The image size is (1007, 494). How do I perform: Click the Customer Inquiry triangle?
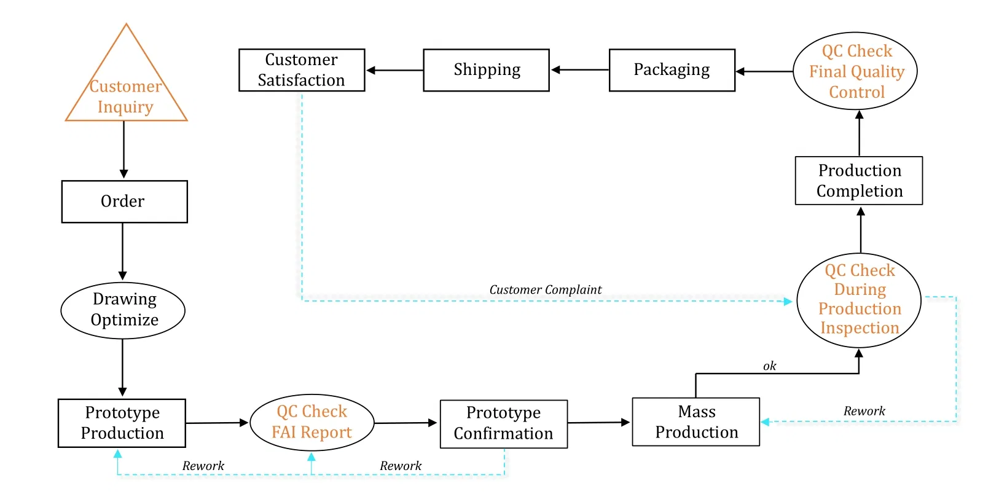point(126,92)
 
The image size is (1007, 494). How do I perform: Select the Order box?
point(124,202)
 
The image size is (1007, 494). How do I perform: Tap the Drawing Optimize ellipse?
point(123,310)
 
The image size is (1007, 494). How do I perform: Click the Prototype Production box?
point(122,423)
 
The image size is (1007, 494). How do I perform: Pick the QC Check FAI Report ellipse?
point(312,422)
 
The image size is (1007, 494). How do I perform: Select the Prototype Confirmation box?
point(503,423)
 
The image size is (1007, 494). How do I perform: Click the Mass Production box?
point(695,421)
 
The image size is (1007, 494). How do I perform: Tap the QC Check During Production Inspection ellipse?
point(858,300)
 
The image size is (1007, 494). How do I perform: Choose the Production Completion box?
point(858,181)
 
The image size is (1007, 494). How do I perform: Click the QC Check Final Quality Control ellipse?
point(855,71)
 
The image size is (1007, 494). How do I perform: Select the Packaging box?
point(672,70)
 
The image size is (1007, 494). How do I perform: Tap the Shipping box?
point(486,70)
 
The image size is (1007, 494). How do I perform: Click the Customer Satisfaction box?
point(301,70)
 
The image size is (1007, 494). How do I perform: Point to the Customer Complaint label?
point(545,289)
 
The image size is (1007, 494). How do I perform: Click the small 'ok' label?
point(769,366)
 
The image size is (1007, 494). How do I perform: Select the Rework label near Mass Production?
point(864,411)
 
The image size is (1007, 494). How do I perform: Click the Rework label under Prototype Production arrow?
point(203,466)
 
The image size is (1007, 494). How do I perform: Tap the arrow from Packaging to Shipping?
point(579,70)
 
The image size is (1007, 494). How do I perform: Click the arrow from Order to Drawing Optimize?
point(122,252)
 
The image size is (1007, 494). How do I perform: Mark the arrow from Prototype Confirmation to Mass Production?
point(599,423)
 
